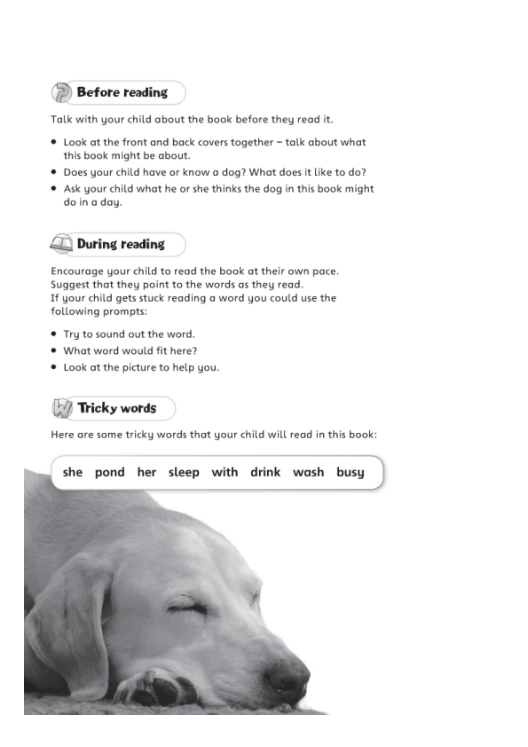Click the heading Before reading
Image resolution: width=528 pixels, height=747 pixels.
(122, 92)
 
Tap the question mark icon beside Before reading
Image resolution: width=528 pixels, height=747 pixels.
(62, 92)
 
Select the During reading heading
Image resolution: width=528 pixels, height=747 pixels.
(121, 244)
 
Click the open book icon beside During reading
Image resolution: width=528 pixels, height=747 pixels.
(62, 245)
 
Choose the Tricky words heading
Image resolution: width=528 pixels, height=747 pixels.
(116, 408)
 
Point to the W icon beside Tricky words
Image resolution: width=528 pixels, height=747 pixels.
(62, 409)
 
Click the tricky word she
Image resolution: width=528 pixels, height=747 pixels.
(73, 472)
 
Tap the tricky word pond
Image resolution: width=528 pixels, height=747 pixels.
(109, 472)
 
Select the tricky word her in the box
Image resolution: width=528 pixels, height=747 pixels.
(146, 472)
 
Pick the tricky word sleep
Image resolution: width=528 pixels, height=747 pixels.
(184, 473)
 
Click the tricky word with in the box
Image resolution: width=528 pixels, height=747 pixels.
(225, 472)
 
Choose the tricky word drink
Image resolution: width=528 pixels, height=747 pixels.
(265, 472)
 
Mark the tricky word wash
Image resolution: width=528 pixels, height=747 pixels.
(308, 472)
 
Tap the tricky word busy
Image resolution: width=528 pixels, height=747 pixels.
(351, 473)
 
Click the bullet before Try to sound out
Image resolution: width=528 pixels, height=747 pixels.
(54, 334)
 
